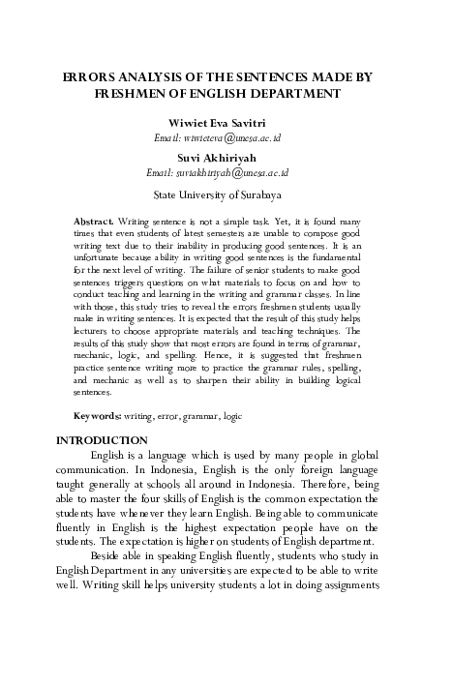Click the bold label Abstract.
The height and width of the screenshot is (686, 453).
[x=94, y=222]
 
